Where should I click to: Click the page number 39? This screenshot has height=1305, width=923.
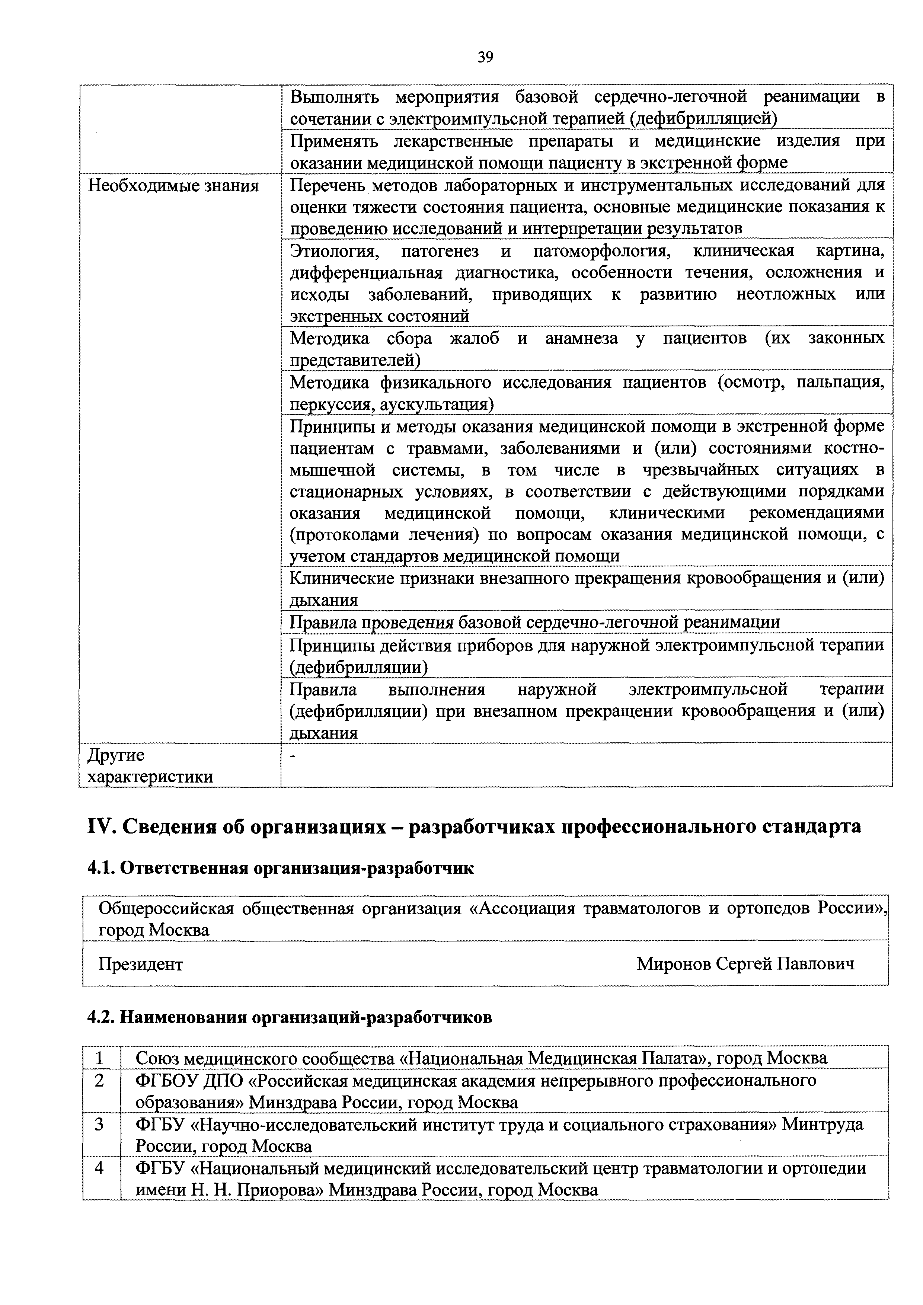click(x=485, y=57)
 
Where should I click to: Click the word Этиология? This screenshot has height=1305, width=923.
click(x=332, y=251)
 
